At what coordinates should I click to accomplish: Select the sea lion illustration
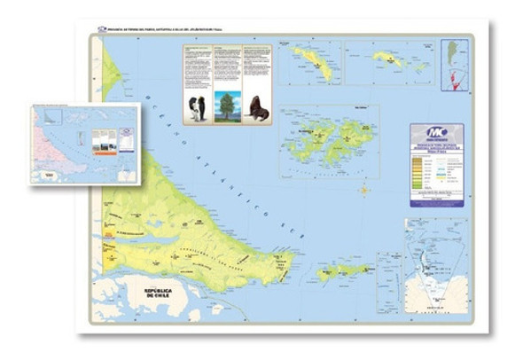(257, 108)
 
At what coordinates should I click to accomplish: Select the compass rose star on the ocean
(363, 190)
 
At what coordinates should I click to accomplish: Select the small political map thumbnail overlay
(85, 143)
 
